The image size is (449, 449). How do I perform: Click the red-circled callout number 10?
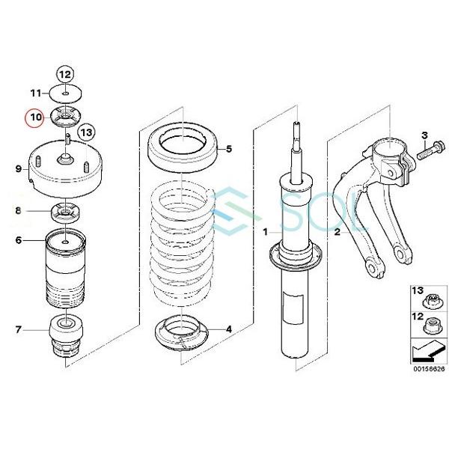[35, 117]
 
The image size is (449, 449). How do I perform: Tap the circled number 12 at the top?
[65, 73]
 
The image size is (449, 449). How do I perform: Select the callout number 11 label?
[35, 94]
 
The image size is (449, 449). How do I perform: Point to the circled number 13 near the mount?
[87, 132]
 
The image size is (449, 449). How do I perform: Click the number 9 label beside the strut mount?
[18, 170]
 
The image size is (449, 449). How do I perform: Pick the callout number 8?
[18, 212]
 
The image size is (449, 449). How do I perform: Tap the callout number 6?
[18, 241]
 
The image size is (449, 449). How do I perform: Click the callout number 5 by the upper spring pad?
[229, 149]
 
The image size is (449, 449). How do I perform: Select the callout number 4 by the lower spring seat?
[229, 329]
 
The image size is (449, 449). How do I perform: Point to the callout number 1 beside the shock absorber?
[264, 233]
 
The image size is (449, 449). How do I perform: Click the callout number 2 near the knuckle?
[337, 233]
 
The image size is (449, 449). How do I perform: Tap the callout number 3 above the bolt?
[424, 135]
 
